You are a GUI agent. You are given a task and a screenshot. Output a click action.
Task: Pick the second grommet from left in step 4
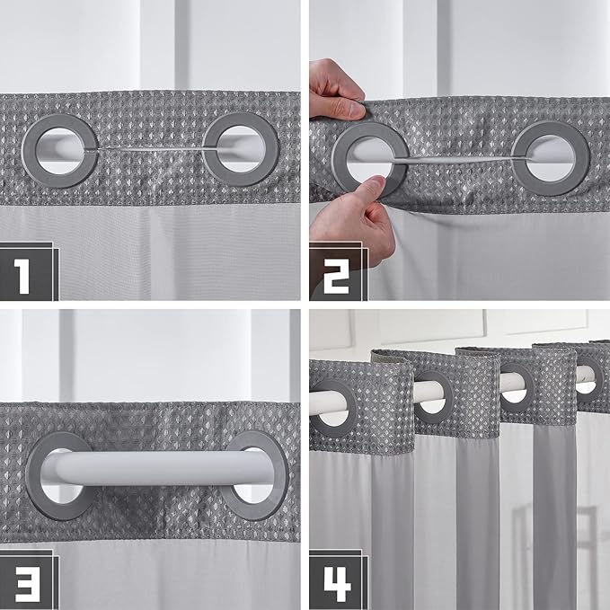tap(434, 392)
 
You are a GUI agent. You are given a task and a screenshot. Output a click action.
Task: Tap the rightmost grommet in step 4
tap(586, 376)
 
